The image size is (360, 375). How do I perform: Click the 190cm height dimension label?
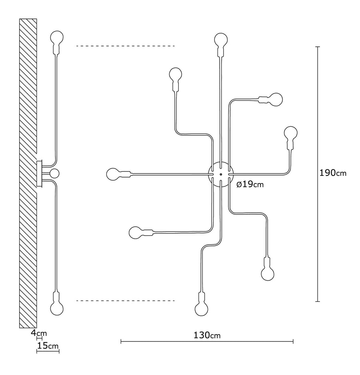coord(333,173)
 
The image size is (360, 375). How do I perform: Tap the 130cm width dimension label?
coord(207,335)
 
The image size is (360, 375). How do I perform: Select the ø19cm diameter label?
coord(250,184)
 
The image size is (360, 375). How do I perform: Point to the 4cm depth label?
coord(39,333)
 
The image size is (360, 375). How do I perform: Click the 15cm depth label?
coord(48,345)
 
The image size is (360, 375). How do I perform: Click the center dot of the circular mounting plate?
coord(221,175)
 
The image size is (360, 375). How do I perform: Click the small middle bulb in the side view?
coord(54,174)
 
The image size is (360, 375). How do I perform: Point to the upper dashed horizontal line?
coord(126,46)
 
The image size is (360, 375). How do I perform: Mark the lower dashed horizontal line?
coord(126,301)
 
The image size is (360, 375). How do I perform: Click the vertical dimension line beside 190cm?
coord(318,174)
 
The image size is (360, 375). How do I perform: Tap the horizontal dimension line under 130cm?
coord(207,341)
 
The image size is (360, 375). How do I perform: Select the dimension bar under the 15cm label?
coord(48,351)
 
